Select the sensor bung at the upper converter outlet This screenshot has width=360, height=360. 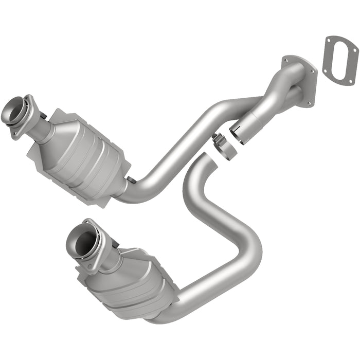(132, 179)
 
